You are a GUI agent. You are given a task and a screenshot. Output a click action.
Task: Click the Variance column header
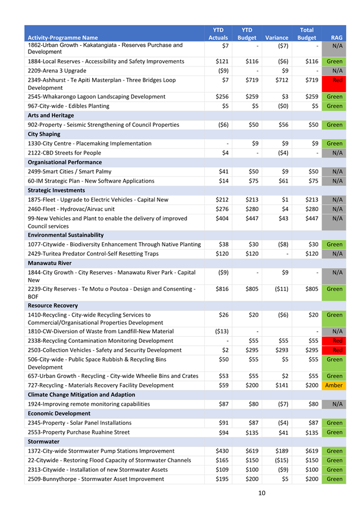pyautogui.click(x=277, y=38)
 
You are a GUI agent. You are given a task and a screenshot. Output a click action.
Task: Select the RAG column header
pyautogui.click(x=337, y=38)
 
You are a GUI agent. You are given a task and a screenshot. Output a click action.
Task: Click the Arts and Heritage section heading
pyautogui.click(x=51, y=115)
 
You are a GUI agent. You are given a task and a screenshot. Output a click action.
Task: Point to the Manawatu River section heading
pyautogui.click(x=50, y=263)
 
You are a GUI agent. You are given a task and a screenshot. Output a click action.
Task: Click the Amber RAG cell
pyautogui.click(x=334, y=385)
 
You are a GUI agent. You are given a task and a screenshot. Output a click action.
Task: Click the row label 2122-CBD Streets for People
pyautogui.click(x=65, y=153)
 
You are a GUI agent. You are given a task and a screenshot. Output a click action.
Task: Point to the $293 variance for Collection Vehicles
pyautogui.click(x=281, y=350)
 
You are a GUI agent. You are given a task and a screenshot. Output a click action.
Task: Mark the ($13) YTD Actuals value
pyautogui.click(x=221, y=331)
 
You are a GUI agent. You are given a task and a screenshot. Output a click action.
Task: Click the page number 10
pyautogui.click(x=262, y=492)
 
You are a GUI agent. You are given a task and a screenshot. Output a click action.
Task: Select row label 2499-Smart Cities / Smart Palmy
pyautogui.click(x=70, y=171)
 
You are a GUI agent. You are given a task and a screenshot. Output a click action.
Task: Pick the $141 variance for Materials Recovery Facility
pyautogui.click(x=281, y=385)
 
